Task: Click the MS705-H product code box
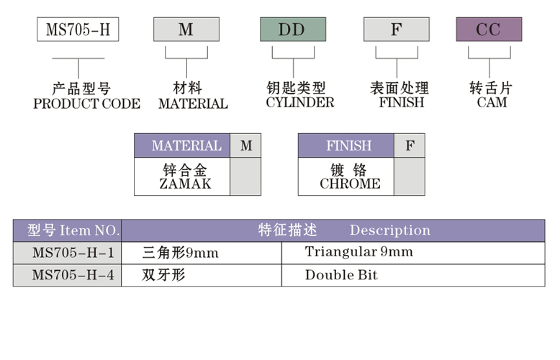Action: pos(78,30)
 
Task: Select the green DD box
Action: pos(292,30)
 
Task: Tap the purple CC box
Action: pos(489,30)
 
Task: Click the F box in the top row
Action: pos(396,30)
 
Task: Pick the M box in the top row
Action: pos(186,30)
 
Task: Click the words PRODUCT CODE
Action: pos(86,104)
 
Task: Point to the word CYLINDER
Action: pos(300,102)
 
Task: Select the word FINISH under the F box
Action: pos(401,102)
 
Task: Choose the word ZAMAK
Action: pos(186,184)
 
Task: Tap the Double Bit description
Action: pos(341,275)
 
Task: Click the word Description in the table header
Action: pos(389,230)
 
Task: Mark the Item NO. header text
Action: pos(89,230)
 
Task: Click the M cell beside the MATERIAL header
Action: pos(246,145)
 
